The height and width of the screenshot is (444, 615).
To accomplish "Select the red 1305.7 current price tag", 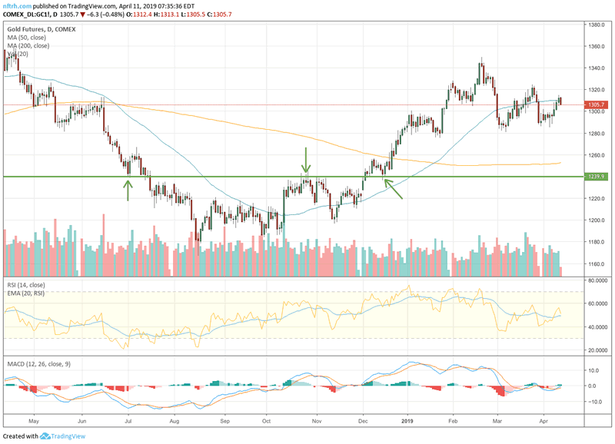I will (x=597, y=104).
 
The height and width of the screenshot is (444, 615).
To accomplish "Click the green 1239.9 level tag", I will (x=597, y=177).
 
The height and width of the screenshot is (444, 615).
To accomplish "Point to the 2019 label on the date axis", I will (x=407, y=422).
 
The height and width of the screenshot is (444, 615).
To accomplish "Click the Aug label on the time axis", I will (x=175, y=422).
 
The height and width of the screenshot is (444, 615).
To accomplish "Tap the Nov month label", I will (x=315, y=422).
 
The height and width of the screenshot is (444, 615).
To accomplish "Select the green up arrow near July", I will (x=128, y=189).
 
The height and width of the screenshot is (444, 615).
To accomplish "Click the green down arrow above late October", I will (x=306, y=161).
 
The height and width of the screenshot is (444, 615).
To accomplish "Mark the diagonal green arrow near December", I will (x=393, y=189).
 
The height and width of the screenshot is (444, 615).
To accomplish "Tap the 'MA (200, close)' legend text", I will (x=29, y=46).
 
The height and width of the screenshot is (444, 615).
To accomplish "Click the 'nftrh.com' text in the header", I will (x=17, y=6).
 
